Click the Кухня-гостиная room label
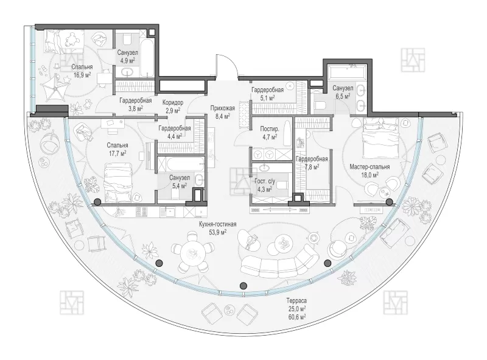tap(217, 224)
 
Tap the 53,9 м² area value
tap(217, 232)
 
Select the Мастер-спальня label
tap(370, 167)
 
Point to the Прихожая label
tap(222, 108)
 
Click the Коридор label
tap(173, 102)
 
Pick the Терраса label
tap(296, 301)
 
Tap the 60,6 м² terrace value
tap(296, 317)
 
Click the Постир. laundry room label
tap(269, 129)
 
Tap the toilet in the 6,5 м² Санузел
tap(320, 105)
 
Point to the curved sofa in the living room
tap(280, 265)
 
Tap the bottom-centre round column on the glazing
tap(244, 285)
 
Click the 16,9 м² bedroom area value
tap(82, 75)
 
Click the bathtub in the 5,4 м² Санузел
tap(180, 164)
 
